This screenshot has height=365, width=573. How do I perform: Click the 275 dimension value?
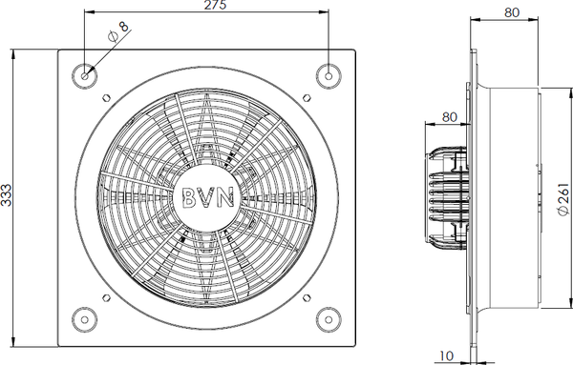pos(215,5)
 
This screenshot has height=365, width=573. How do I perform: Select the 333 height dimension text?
pos(7,195)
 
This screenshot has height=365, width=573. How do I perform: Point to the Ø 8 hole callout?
pos(118,31)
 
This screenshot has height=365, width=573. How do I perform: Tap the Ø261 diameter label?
pos(563,199)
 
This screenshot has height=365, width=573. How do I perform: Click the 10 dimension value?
pos(446,355)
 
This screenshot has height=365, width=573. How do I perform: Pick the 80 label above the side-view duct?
pos(512,12)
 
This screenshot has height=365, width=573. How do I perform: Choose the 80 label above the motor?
pos(449,117)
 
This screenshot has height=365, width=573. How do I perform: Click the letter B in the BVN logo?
pos(189,197)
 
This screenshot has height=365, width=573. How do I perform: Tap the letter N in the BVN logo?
pos(225,197)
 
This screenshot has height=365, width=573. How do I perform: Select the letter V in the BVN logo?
pos(207,197)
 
